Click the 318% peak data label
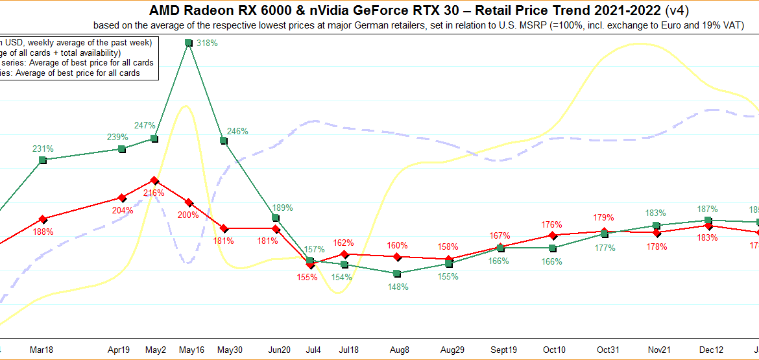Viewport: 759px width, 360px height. point(207,43)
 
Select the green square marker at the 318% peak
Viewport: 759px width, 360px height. point(188,43)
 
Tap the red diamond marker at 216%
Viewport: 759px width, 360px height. point(154,180)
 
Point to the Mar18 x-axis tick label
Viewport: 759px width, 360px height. point(42,350)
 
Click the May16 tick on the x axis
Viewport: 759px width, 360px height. point(191,350)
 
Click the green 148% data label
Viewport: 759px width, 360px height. point(398,287)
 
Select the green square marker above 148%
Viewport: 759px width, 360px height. point(397,274)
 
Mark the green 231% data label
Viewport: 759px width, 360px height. point(43,149)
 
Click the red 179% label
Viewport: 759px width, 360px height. point(604,217)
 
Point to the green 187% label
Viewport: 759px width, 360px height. point(707,209)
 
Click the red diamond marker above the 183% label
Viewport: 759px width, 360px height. point(708,225)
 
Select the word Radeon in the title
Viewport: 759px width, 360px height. point(208,10)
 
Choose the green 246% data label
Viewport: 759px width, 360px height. point(237,131)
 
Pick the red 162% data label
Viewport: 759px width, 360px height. point(344,243)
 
